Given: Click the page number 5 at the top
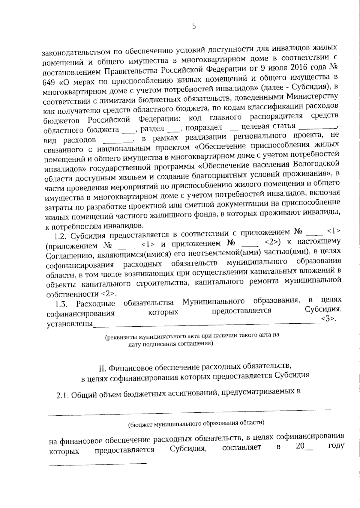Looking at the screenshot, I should point(194,27).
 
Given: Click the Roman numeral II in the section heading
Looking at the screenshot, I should point(102,367).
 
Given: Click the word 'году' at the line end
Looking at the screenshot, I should point(336,446).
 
